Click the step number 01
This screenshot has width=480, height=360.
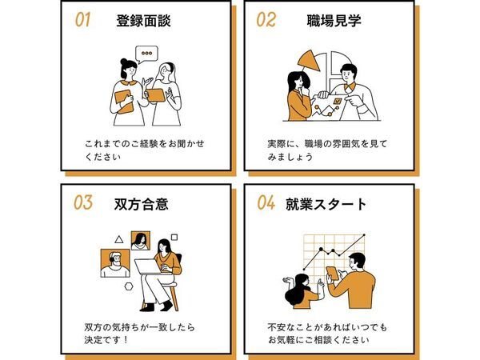tap(82, 19)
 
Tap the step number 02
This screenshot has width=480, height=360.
tap(266, 19)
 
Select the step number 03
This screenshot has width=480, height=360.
tap(82, 202)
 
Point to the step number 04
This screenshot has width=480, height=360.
tap(266, 202)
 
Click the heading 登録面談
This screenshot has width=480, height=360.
tap(143, 21)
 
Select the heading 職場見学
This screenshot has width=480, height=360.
tap(334, 21)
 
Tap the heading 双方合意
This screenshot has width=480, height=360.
tap(141, 204)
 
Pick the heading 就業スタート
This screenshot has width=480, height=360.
tap(326, 204)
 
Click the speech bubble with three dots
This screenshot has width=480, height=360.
tap(146, 54)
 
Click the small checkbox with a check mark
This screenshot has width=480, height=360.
tap(338, 101)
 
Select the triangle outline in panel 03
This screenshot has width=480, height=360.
tap(119, 239)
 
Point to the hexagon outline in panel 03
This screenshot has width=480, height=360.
tap(129, 286)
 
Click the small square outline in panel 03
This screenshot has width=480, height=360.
tap(174, 238)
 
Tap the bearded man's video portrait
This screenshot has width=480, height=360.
tap(115, 263)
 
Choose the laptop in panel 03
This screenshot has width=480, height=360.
tap(148, 266)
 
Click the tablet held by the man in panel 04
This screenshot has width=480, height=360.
tap(333, 274)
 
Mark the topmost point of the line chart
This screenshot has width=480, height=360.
tap(364, 235)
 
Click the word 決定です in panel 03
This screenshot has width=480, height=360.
tap(103, 340)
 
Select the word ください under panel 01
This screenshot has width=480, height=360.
tap(103, 157)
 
